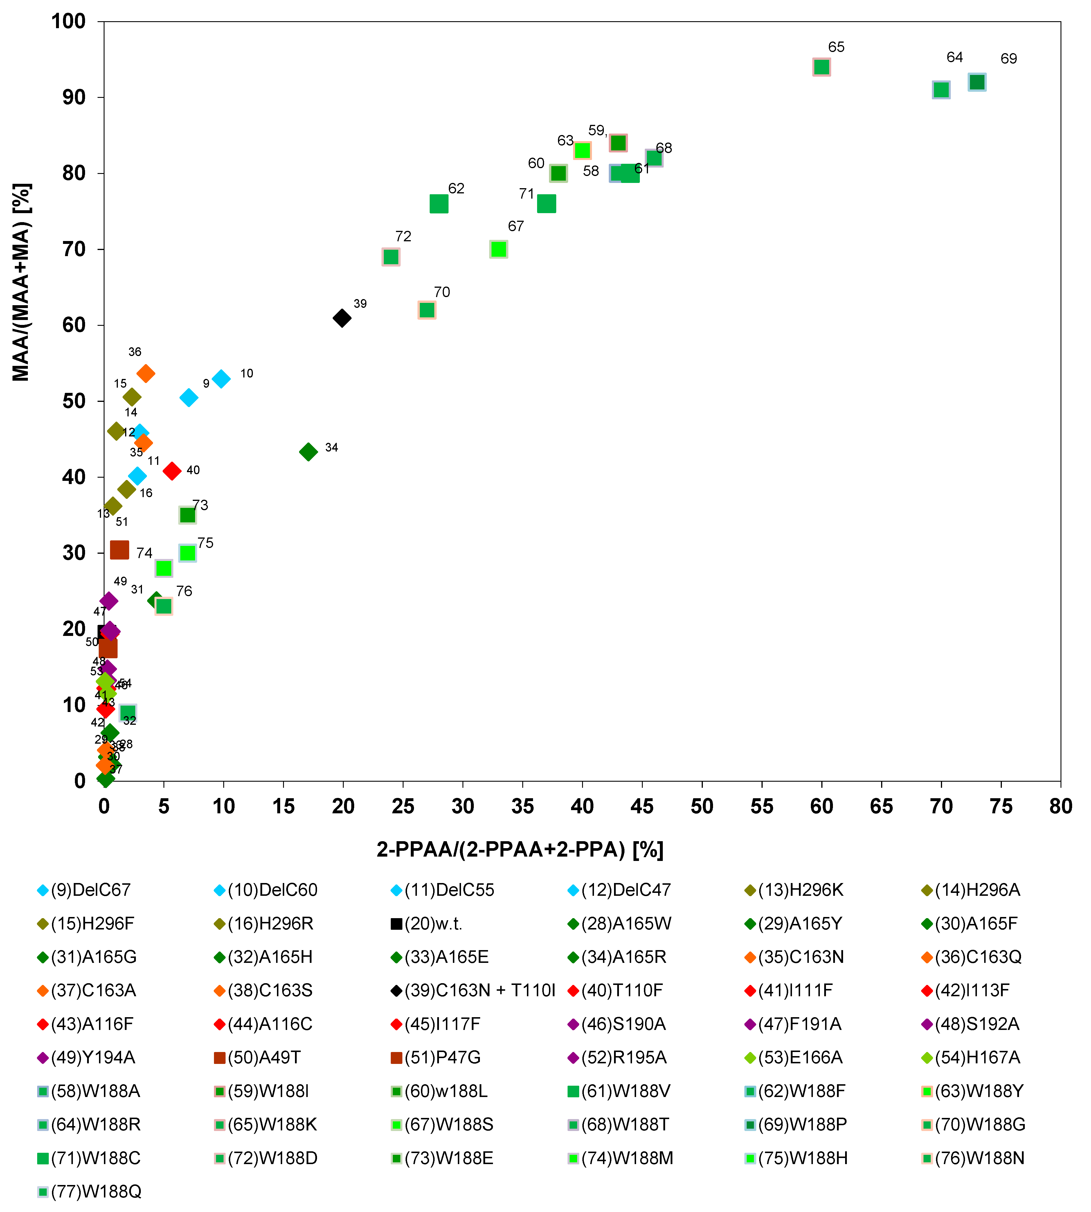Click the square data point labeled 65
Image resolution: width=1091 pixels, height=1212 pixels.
(821, 67)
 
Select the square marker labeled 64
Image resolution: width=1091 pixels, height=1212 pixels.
(941, 90)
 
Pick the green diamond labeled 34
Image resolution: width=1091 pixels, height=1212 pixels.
(308, 452)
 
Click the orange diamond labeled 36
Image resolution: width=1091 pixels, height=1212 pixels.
(146, 373)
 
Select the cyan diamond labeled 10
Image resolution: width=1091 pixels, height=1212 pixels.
(221, 379)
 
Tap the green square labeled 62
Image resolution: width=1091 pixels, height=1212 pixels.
(439, 204)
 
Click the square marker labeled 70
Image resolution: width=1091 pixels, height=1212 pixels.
(427, 310)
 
